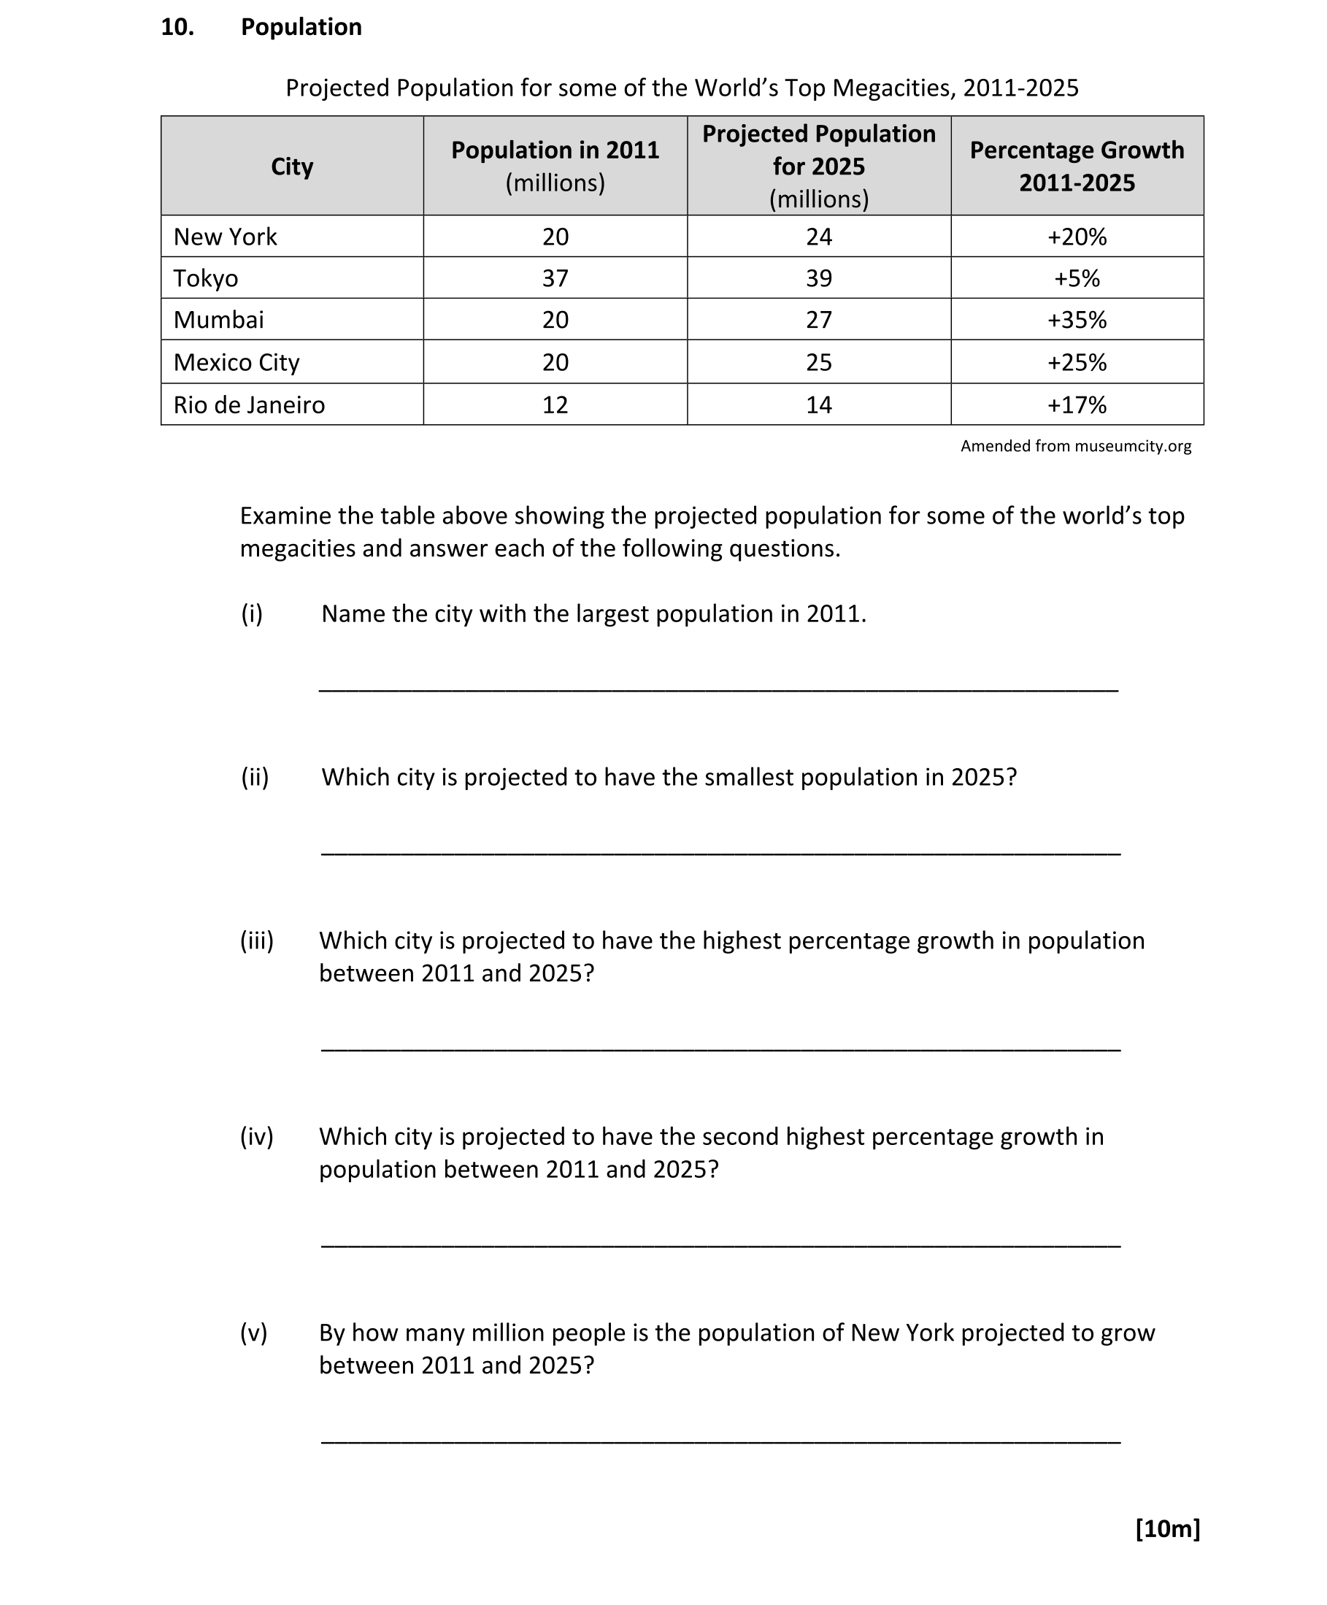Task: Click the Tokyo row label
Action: (206, 278)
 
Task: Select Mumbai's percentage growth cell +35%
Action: (1077, 320)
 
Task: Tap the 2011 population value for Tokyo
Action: (555, 278)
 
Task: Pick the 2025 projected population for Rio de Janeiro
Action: (818, 405)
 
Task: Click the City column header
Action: (292, 166)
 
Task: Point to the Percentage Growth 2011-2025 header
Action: (1077, 166)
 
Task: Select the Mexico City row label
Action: (236, 362)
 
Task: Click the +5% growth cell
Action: (1077, 278)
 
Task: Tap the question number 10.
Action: (177, 27)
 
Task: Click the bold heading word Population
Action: (301, 27)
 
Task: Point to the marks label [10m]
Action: (1167, 1528)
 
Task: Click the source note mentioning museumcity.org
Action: (1075, 445)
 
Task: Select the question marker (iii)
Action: (257, 940)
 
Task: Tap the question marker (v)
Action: (253, 1332)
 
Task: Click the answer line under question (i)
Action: (718, 689)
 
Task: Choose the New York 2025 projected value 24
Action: (818, 237)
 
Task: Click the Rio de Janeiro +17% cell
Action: (1077, 405)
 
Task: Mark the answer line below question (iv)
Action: (720, 1246)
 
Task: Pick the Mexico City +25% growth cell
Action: (1077, 362)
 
